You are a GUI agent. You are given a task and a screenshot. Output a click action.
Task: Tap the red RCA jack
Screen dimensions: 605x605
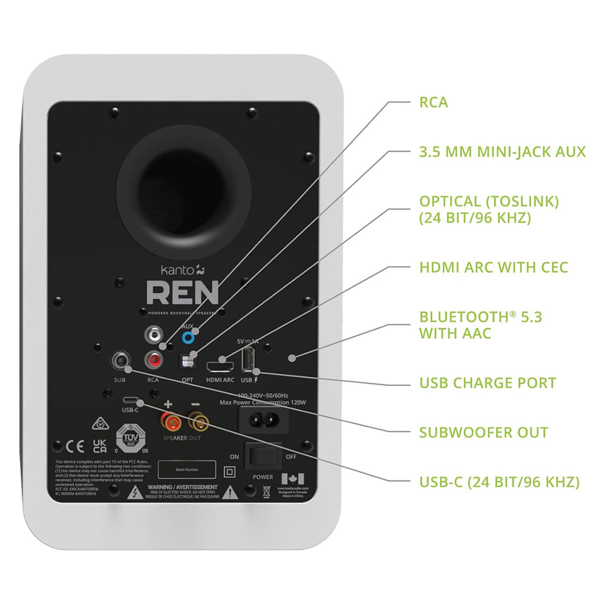click(154, 361)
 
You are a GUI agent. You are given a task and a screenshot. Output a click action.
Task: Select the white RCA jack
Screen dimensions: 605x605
click(154, 334)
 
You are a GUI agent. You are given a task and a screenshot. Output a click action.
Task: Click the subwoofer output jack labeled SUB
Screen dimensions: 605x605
click(120, 361)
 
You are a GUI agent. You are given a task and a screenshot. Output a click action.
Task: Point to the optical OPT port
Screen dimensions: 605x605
click(188, 361)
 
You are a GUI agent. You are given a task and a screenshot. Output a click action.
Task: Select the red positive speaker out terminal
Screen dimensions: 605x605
click(168, 419)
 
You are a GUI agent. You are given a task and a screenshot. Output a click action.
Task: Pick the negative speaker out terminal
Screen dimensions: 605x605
click(196, 419)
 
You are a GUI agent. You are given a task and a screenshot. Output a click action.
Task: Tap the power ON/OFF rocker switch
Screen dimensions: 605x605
click(263, 457)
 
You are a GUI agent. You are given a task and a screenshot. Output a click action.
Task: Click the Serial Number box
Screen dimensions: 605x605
click(187, 469)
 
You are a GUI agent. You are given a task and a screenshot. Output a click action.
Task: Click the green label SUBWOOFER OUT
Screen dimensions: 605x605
click(483, 433)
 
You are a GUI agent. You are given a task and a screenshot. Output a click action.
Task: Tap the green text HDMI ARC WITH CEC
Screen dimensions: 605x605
click(494, 267)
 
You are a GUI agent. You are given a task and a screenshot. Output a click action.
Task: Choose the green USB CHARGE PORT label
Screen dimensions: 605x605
click(488, 383)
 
